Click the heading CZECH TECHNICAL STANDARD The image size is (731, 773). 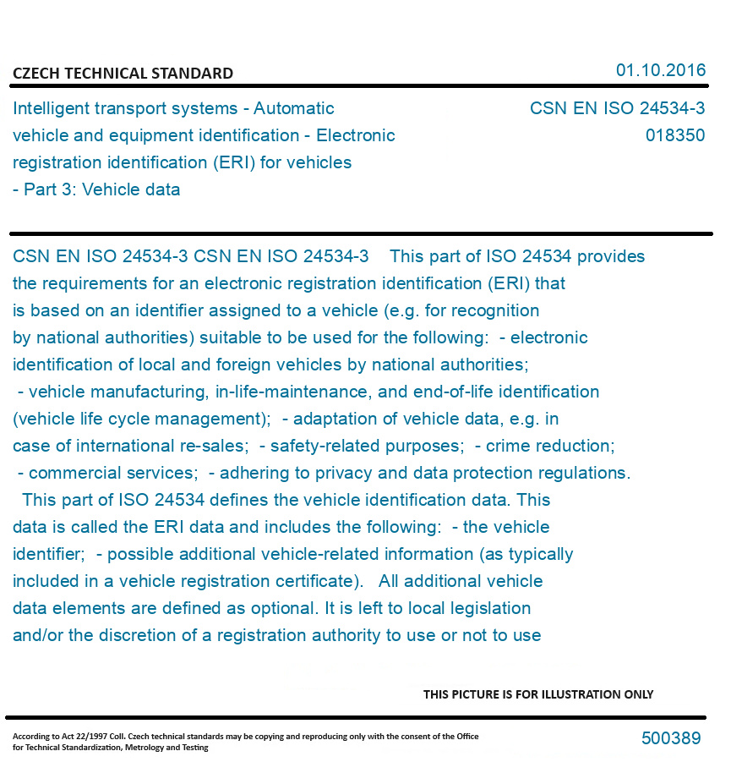click(123, 74)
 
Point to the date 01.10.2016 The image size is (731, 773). click(660, 70)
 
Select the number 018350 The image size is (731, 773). click(674, 135)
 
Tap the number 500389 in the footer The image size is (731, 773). click(670, 738)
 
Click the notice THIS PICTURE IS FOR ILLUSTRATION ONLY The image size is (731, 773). click(538, 694)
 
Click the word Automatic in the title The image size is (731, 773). click(294, 108)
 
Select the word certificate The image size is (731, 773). click(310, 581)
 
